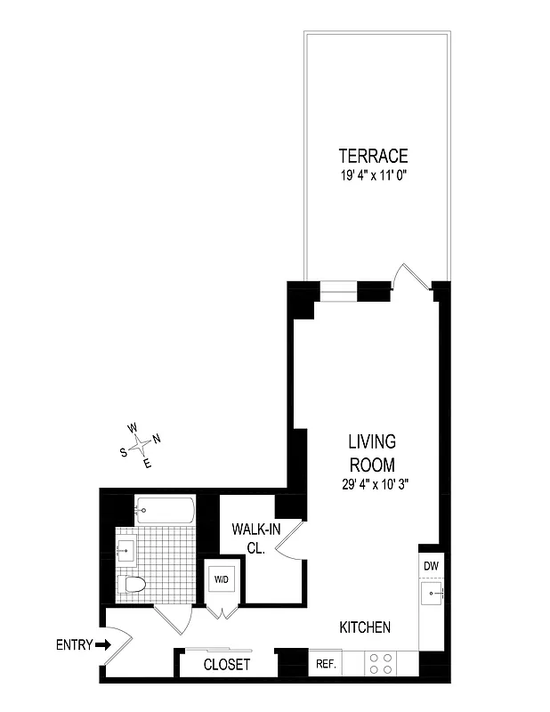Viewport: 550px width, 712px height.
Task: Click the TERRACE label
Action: [372, 157]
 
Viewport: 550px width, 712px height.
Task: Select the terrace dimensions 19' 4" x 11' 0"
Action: [372, 176]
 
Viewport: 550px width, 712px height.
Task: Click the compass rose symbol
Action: [141, 444]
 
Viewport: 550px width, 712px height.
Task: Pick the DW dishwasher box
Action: [430, 566]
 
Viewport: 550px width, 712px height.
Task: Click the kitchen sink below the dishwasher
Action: [431, 592]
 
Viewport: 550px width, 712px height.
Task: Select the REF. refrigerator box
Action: [322, 663]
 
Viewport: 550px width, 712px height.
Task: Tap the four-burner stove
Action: [381, 663]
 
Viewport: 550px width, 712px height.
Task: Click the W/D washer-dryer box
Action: [221, 579]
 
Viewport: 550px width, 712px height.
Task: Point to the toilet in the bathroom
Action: [133, 584]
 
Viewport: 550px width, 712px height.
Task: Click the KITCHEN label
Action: [365, 627]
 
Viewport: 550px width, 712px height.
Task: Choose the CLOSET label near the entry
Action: [227, 665]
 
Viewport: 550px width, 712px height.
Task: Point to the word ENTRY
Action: [75, 645]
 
